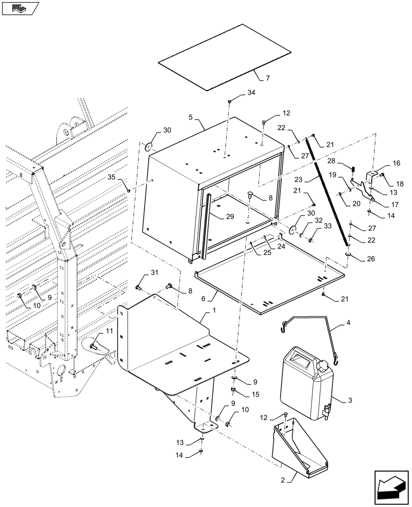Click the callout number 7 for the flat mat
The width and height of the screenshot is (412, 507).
[x=268, y=78]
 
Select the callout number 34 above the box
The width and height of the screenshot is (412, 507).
[x=251, y=93]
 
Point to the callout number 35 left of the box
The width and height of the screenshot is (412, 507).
[x=112, y=177]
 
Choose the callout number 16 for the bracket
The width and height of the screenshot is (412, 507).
[x=396, y=163]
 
